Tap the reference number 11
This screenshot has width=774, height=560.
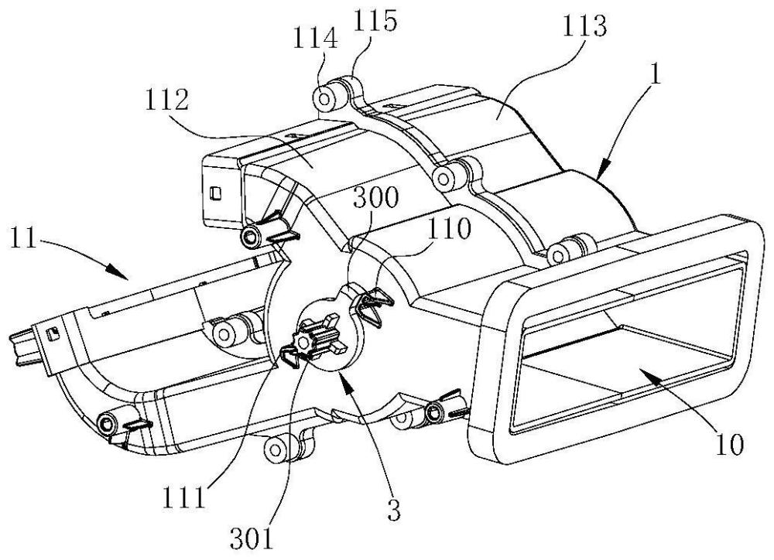tap(25, 236)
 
